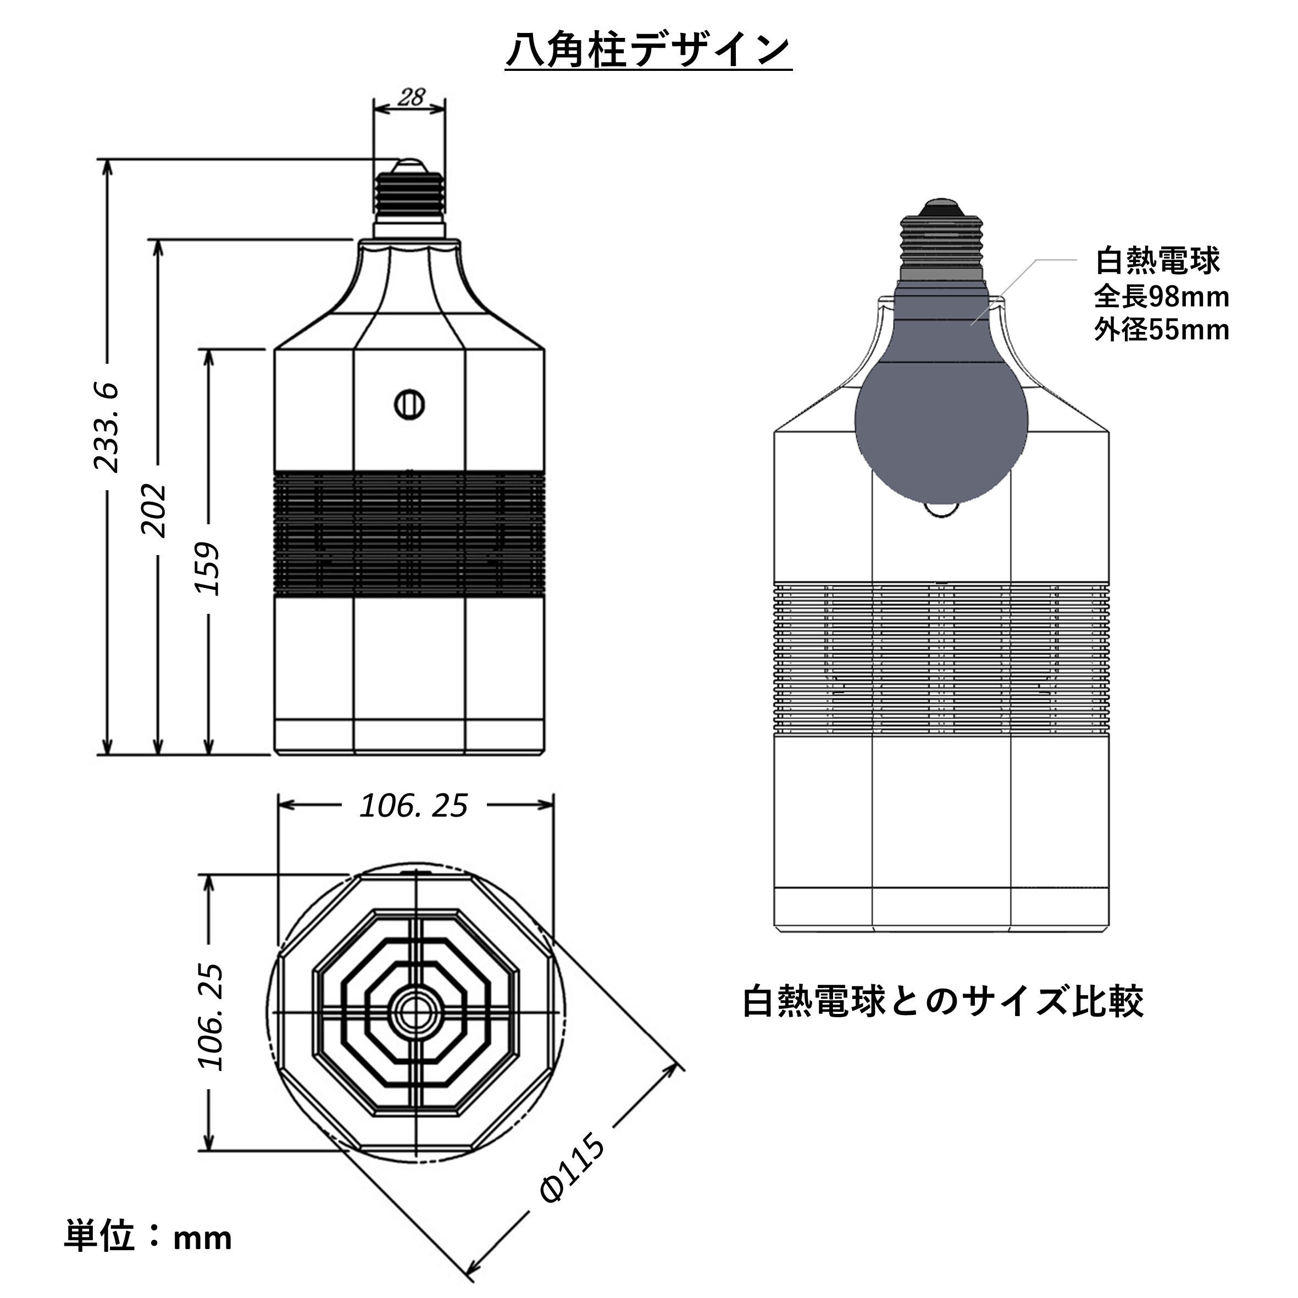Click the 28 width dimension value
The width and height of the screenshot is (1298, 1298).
click(411, 98)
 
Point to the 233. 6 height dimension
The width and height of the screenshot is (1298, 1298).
click(106, 428)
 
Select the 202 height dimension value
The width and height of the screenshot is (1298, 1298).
click(153, 509)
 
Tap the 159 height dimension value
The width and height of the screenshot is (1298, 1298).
click(208, 568)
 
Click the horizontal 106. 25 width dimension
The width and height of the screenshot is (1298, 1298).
click(413, 806)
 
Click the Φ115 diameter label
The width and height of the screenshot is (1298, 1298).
click(573, 1167)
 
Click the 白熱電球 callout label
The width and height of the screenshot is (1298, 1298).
click(1157, 260)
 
